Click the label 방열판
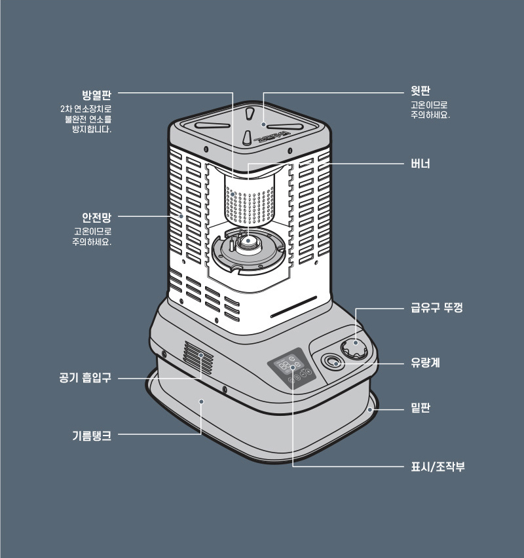(96, 93)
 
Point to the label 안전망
(96, 217)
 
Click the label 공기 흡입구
(84, 378)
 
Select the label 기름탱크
(91, 434)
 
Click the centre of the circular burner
(248, 244)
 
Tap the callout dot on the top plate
(263, 124)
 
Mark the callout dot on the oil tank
(202, 401)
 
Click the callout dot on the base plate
(371, 409)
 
